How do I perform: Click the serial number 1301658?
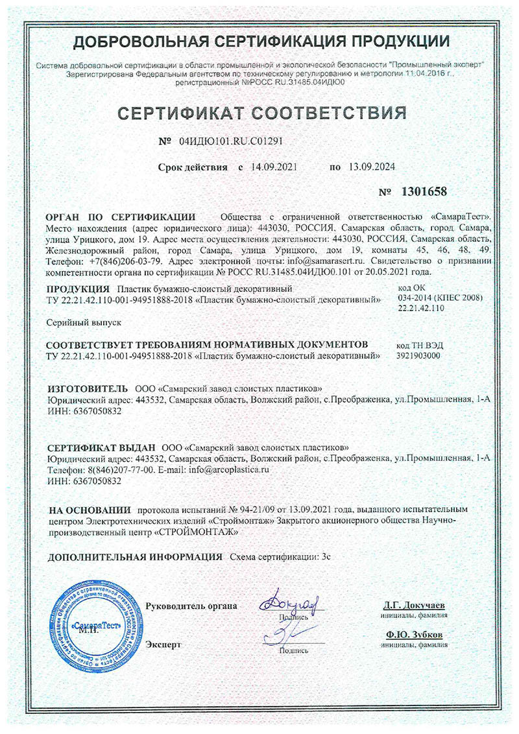pos(425,193)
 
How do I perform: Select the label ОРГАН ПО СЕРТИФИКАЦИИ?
pos(121,217)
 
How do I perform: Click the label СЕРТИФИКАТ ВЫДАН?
pos(102,447)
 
